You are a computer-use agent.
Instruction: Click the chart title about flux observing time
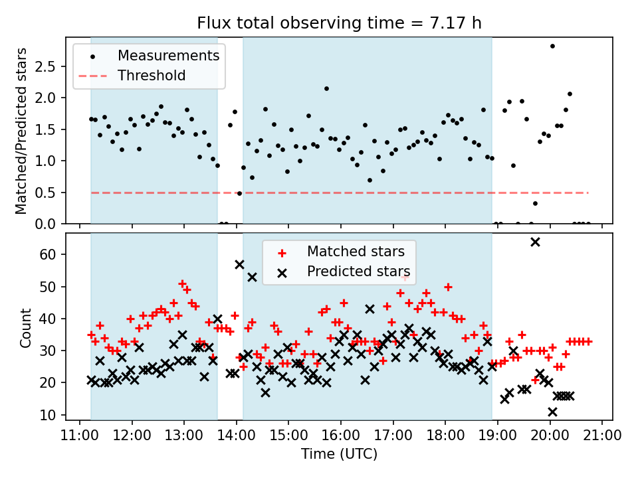339,23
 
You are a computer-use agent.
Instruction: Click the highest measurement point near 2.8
552,46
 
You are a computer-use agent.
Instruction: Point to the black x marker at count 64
535,242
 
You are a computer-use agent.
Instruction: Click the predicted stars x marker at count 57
239,264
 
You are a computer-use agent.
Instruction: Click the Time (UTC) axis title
339,455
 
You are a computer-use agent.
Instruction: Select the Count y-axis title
26,327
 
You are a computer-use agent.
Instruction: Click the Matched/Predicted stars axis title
22,131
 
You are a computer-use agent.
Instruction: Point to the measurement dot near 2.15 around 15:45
326,88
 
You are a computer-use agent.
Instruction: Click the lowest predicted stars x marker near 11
552,412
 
